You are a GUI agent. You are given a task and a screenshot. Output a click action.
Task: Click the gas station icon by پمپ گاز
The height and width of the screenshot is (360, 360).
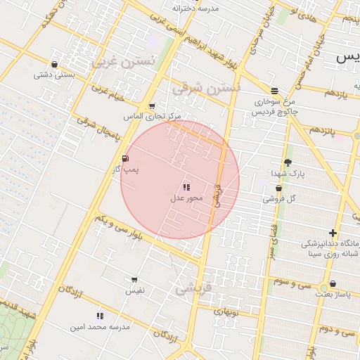[x=125, y=158]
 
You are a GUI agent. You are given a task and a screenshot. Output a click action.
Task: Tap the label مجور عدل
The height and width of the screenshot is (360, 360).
[x=186, y=198]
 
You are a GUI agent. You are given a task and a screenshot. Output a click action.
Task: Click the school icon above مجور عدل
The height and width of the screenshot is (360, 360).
[x=186, y=187]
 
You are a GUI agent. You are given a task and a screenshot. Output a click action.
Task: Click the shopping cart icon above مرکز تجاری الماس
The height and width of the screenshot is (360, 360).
[x=152, y=106]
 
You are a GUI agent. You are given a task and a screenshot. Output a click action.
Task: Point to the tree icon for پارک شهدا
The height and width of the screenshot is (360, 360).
[x=288, y=162]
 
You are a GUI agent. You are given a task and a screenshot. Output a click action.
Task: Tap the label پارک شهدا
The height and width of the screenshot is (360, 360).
[x=287, y=173]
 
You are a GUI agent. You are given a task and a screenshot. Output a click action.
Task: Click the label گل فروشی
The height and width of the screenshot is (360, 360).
[x=280, y=199]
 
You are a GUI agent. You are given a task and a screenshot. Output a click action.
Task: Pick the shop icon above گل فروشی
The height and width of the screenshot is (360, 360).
[x=279, y=188]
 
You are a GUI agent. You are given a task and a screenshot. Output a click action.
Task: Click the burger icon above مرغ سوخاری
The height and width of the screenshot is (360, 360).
[x=274, y=91]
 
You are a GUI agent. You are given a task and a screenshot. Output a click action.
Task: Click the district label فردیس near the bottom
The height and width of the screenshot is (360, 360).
[x=192, y=288]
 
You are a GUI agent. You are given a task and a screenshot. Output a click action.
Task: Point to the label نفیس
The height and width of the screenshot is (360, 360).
[x=134, y=290]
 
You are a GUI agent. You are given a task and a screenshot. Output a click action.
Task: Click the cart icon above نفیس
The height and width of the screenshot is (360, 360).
[x=134, y=280]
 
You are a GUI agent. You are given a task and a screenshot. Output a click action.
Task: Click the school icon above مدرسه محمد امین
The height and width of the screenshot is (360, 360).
[x=100, y=316]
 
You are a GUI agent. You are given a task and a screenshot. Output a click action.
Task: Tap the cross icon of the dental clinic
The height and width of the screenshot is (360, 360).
[x=333, y=233]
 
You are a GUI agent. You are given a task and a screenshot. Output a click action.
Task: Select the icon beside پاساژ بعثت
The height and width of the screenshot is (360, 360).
[x=333, y=284]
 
